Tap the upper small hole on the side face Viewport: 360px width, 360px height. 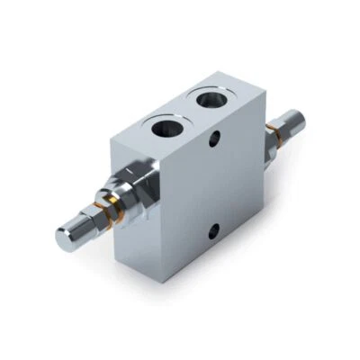(214, 141)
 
